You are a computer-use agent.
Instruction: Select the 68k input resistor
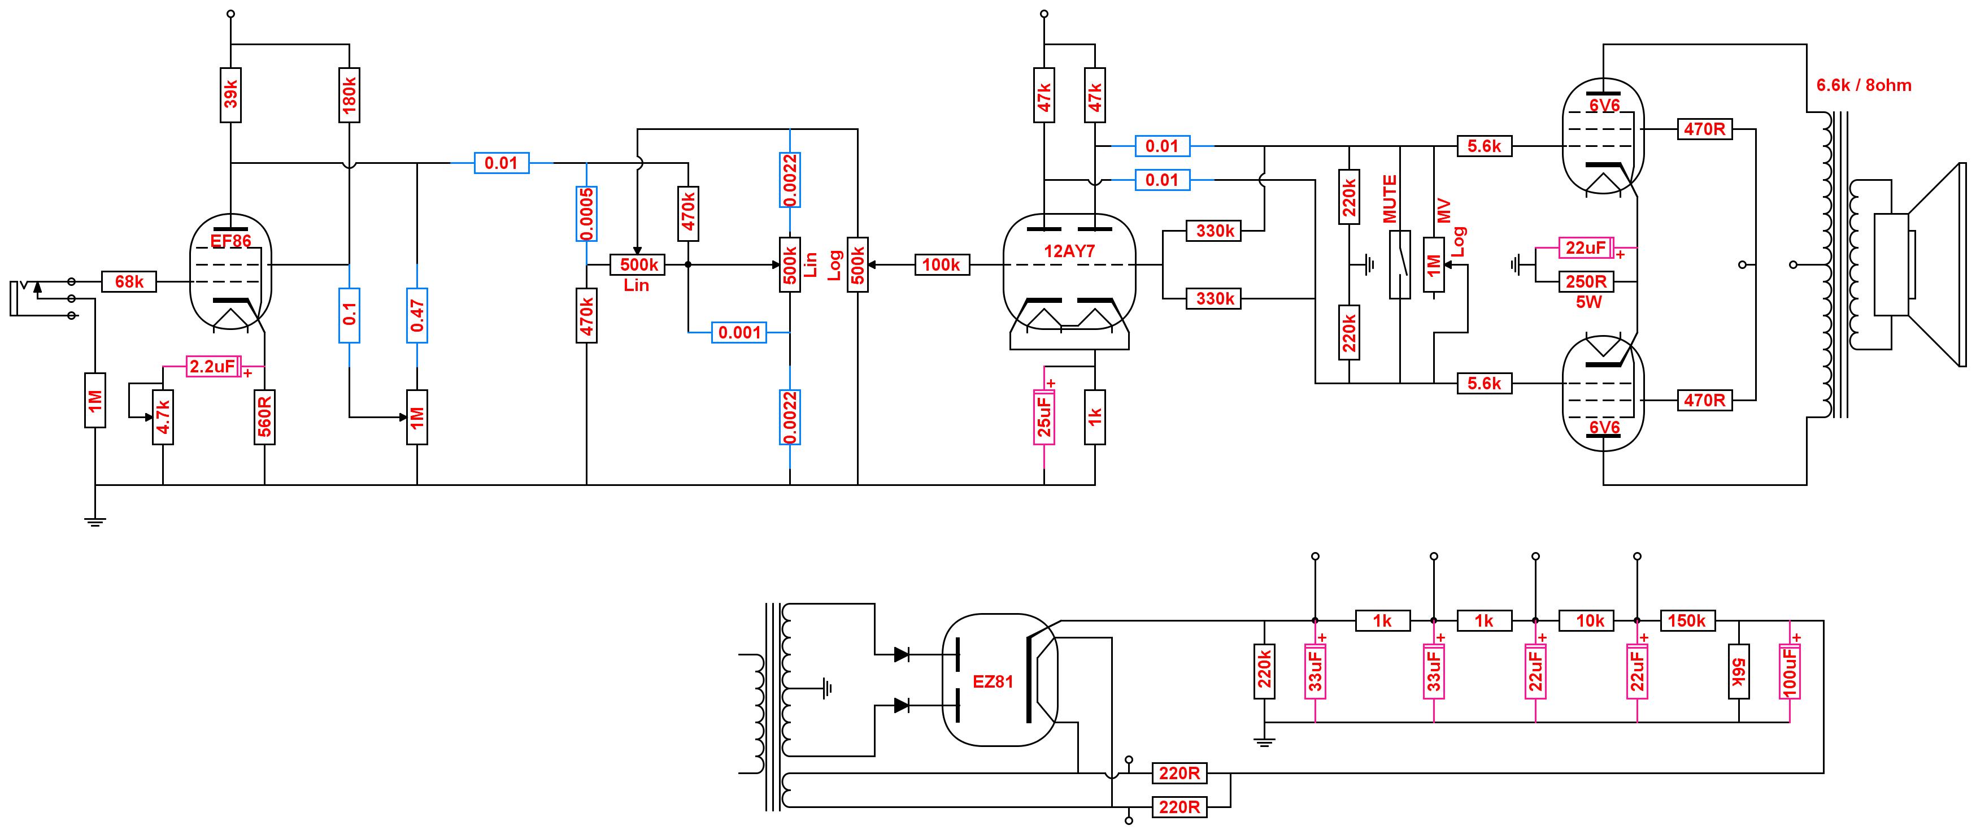pos(129,281)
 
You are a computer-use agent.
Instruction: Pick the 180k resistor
pos(349,95)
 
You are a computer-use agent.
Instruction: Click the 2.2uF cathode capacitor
pos(214,366)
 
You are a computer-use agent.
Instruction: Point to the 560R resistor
pos(264,416)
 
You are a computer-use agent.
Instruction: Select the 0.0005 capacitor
pos(587,214)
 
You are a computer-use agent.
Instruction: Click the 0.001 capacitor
pos(739,332)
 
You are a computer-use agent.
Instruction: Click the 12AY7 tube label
pos(1069,251)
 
